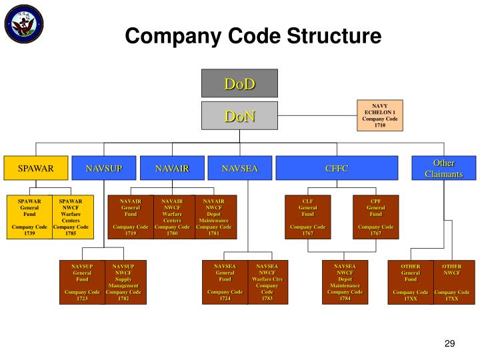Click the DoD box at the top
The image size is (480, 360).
pos(239,83)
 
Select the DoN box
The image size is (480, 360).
pos(239,116)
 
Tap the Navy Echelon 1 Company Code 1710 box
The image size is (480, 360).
pos(380,115)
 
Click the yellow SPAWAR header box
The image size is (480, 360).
pos(35,168)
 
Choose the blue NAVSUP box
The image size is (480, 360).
pos(104,168)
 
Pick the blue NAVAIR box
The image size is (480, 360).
pos(172,168)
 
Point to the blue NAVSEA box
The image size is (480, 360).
pos(239,168)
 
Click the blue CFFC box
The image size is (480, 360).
pos(337,168)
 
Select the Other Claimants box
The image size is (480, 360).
pos(444,168)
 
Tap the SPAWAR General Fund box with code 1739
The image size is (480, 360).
pos(29,217)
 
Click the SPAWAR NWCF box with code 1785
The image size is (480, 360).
pos(71,217)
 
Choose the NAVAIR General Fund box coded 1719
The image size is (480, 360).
pos(131,217)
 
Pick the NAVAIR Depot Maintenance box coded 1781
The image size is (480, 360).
pos(213,217)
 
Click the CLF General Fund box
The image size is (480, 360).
pos(307,217)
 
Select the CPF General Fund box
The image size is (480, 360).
pos(376,217)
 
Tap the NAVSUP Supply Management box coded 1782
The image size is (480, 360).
pos(124,282)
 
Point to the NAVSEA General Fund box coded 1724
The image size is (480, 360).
pos(225,282)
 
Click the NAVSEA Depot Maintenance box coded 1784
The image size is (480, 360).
pos(345,282)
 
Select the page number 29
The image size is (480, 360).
pos(449,343)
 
